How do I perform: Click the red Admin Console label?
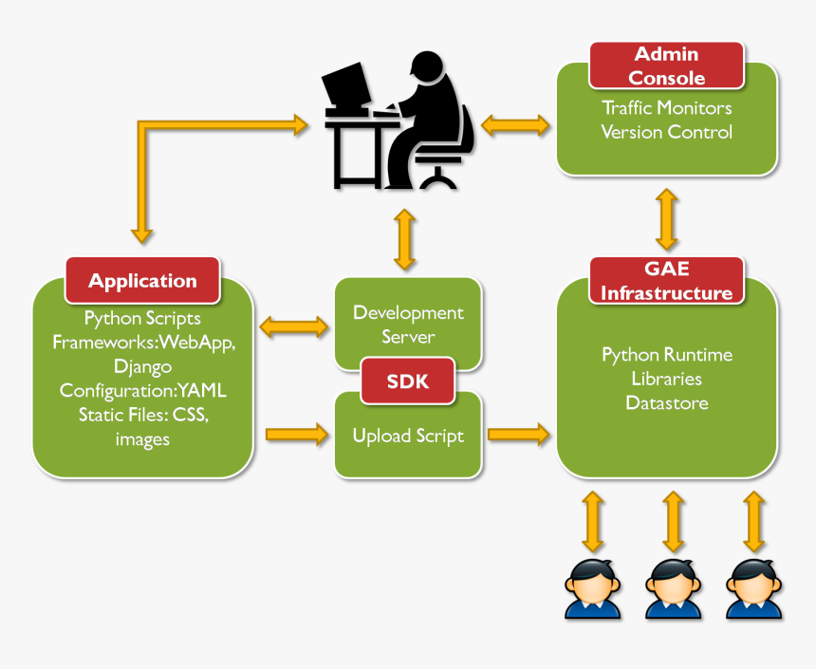click(666, 65)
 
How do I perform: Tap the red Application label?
click(142, 281)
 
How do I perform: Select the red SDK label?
click(408, 381)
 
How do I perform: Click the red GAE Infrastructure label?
click(666, 282)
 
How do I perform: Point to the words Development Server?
click(408, 325)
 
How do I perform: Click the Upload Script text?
click(408, 436)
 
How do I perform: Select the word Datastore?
click(666, 402)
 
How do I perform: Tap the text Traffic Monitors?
click(666, 107)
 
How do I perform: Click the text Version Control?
click(666, 132)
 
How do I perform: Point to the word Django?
click(142, 365)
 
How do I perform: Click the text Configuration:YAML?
click(142, 390)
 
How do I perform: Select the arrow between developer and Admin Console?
click(515, 124)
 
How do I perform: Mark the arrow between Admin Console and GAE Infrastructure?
click(666, 218)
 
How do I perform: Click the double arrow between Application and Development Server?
click(294, 327)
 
